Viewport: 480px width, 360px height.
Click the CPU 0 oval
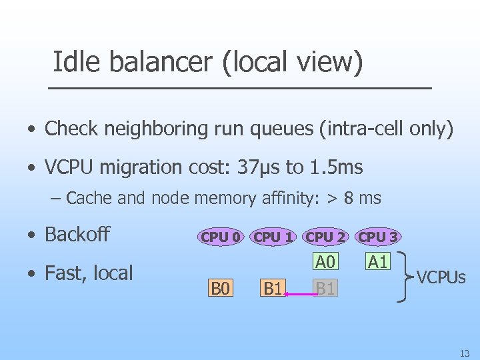[x=219, y=237]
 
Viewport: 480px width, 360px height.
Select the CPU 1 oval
[x=273, y=237]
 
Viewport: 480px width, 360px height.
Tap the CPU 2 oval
[x=325, y=237]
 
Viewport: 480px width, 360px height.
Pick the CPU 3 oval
[x=378, y=237]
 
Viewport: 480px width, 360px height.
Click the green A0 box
[x=325, y=262]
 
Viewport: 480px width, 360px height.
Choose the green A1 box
[x=378, y=262]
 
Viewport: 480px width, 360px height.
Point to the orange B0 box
[x=220, y=289]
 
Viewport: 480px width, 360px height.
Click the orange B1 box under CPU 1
[x=273, y=289]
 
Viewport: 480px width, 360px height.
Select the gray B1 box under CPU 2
[x=325, y=289]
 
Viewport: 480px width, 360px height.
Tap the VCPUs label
[x=441, y=276]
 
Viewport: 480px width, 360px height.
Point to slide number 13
[x=464, y=353]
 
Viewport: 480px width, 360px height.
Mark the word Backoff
[x=77, y=234]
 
